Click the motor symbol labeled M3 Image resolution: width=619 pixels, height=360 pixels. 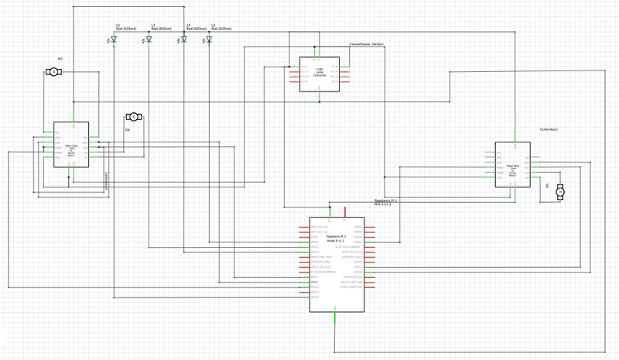[53, 71]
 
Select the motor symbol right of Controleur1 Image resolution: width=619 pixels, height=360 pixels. [563, 190]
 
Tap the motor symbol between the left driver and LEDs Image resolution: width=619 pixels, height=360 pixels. [132, 116]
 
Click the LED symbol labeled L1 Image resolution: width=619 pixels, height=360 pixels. [113, 39]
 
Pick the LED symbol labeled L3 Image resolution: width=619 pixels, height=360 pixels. [149, 39]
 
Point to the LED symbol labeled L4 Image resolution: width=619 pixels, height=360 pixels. [183, 39]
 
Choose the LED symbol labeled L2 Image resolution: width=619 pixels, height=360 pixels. [209, 39]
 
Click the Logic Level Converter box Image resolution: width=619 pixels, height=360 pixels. [319, 74]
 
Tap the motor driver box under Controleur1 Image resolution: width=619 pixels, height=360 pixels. [512, 165]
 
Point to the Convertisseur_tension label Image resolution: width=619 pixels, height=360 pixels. [367, 45]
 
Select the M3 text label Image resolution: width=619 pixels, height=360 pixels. [60, 59]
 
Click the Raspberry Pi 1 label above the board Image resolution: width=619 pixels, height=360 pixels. [385, 201]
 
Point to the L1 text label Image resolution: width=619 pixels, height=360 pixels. [118, 25]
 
